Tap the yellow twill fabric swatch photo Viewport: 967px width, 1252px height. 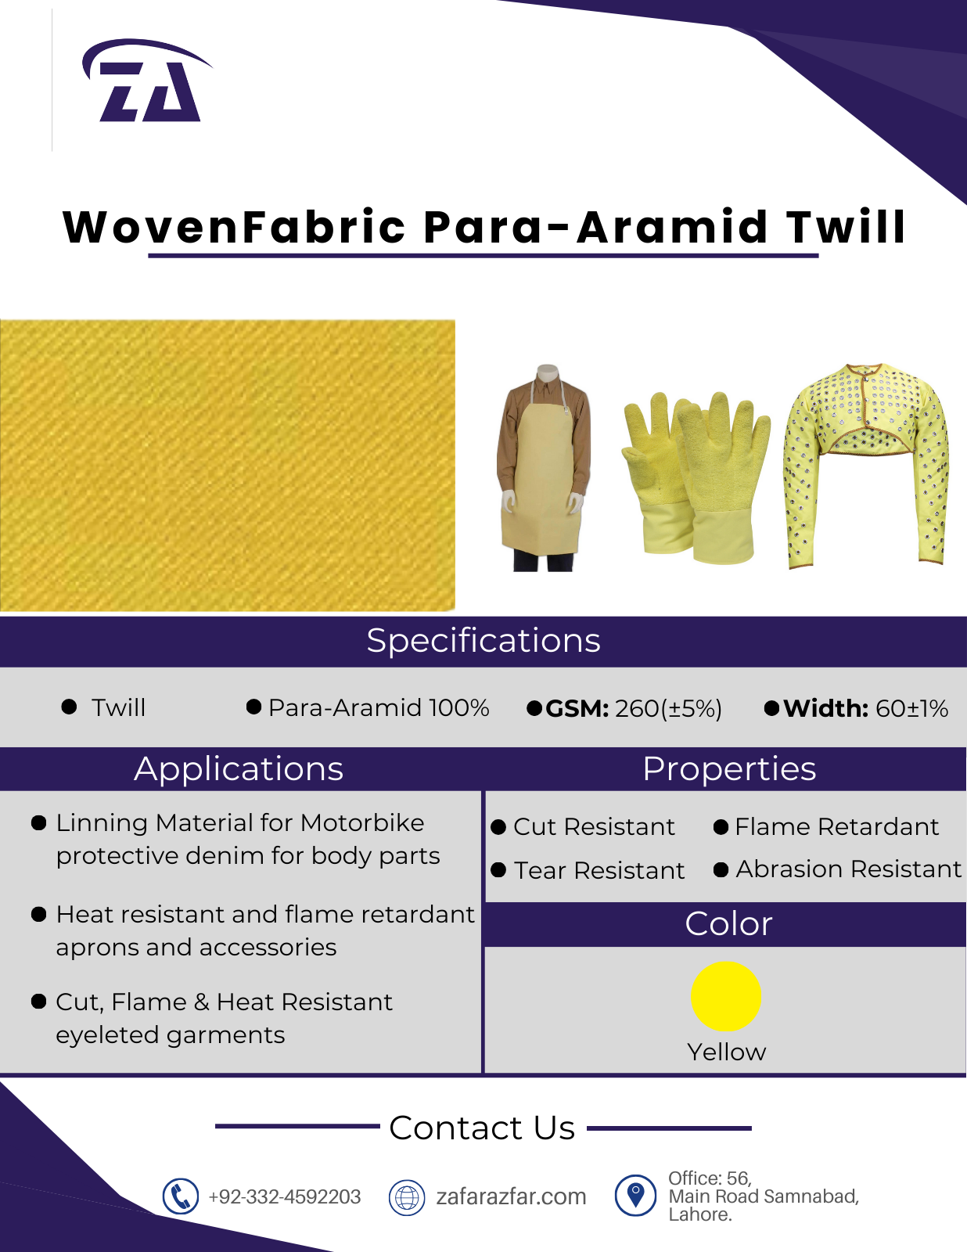(x=228, y=465)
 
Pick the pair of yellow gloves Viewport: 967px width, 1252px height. (x=696, y=477)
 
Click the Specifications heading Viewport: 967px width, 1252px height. (x=483, y=641)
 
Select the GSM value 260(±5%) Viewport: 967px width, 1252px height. (x=668, y=709)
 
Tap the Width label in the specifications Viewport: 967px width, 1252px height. (x=825, y=708)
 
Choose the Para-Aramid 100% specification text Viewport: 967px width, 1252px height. (x=379, y=708)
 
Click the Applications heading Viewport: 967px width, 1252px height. (x=239, y=768)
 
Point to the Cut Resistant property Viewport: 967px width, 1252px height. (x=594, y=827)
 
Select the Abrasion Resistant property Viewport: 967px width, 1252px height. (x=848, y=869)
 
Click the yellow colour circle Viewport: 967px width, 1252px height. (x=726, y=996)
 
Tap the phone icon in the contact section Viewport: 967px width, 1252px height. (x=180, y=1196)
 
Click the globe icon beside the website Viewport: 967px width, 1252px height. (x=407, y=1196)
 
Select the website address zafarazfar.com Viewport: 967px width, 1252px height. (x=511, y=1196)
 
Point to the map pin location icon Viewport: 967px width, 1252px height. (x=635, y=1196)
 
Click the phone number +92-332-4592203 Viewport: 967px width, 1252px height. (x=285, y=1196)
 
